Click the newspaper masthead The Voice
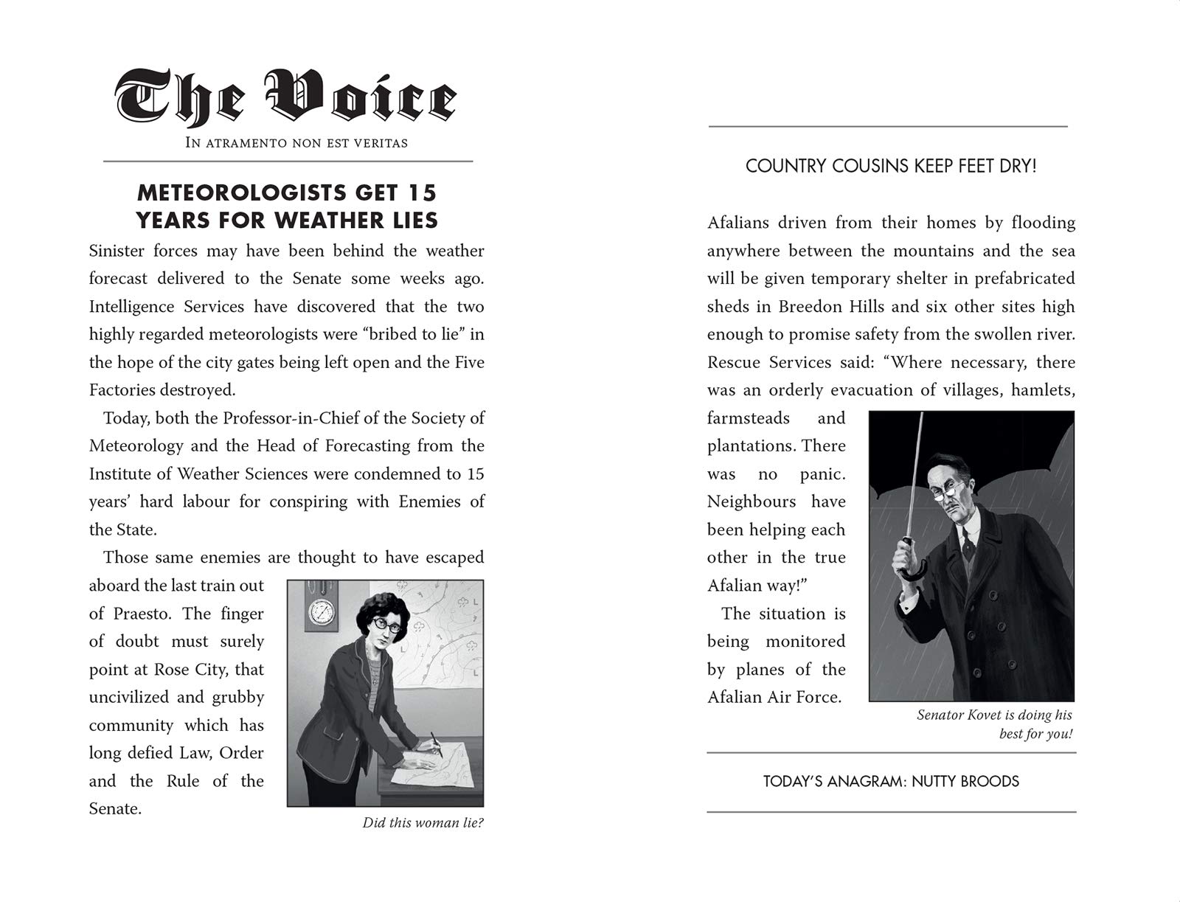pos(286,98)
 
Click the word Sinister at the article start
pos(116,251)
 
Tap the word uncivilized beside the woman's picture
pos(133,697)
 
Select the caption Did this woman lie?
pos(423,823)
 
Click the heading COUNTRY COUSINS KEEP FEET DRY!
pos(891,167)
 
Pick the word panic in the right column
pos(821,474)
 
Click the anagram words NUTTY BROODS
pos(965,782)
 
